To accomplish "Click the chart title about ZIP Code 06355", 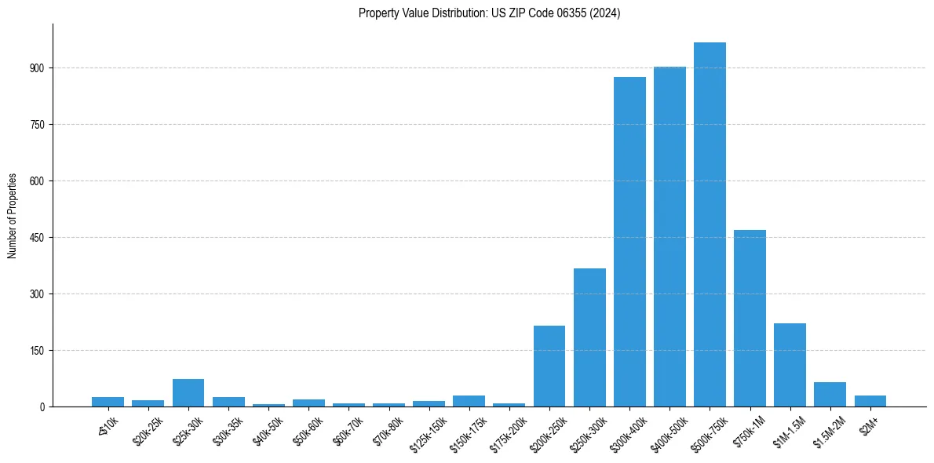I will coord(489,13).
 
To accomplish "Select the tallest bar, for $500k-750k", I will coord(710,224).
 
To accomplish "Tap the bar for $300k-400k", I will coord(629,242).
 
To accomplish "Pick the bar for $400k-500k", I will coord(669,236).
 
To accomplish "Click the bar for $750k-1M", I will coord(750,318).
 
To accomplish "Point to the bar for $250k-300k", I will coord(589,337).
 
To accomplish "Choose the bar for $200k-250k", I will coord(549,366).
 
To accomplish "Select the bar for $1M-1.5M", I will coord(790,365).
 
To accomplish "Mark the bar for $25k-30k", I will coord(188,392).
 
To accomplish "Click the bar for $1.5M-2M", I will coord(830,394).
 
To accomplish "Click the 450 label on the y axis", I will coord(39,238).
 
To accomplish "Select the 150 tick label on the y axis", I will coord(39,351).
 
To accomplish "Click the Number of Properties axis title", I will coord(13,215).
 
